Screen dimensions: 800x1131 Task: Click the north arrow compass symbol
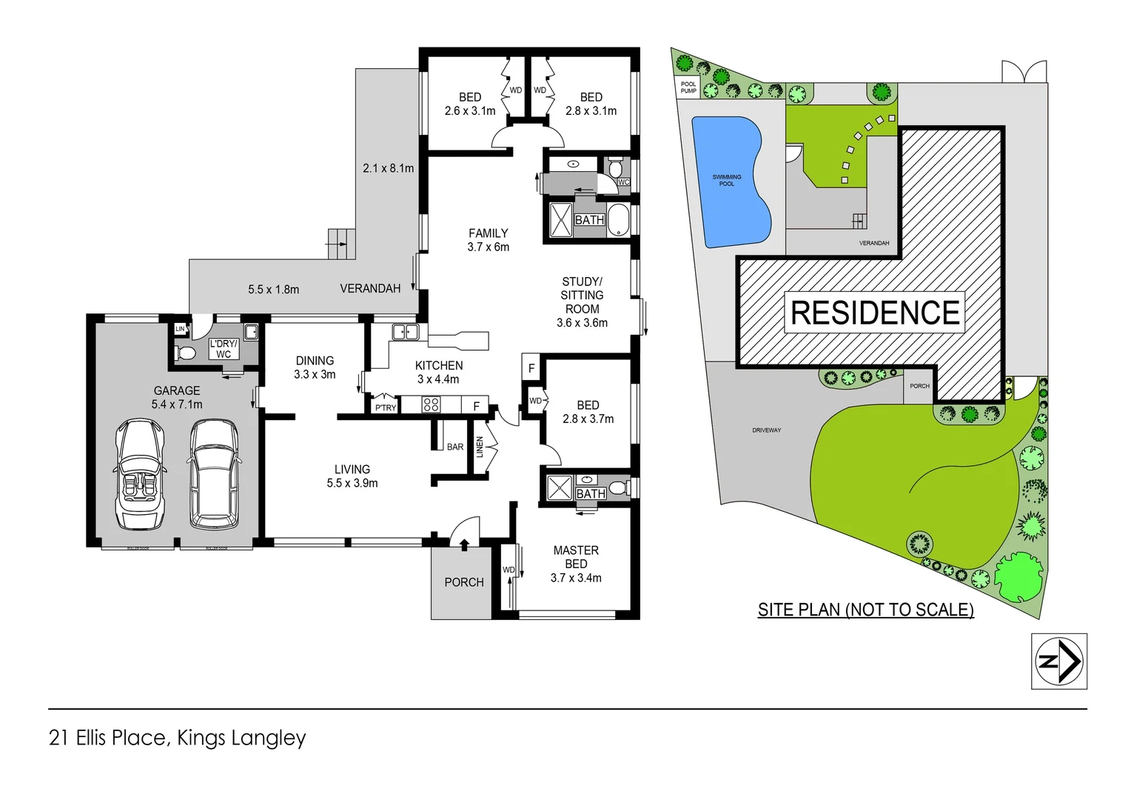pos(1059,661)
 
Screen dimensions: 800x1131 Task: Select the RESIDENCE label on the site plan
pos(875,313)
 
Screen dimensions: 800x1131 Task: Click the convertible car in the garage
pos(140,474)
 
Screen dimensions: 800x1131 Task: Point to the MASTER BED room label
pos(576,557)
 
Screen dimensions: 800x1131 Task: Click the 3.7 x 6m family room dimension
pos(488,247)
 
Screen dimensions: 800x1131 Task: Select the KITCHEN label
pos(439,365)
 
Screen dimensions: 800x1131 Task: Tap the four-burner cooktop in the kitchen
pos(431,404)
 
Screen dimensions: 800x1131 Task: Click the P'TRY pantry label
pos(386,407)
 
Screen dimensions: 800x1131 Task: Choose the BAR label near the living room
pos(455,447)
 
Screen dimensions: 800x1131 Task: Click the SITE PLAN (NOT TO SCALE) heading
pos(865,610)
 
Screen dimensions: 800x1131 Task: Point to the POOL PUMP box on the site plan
pos(688,87)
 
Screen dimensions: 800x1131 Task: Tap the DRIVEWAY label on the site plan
pos(766,430)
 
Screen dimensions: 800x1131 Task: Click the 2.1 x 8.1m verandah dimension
pos(388,168)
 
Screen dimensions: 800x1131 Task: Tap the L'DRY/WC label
pos(224,349)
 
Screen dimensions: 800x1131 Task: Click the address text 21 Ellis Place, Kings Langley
pos(177,738)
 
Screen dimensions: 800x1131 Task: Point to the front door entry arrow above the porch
pos(464,545)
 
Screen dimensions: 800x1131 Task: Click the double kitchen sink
pos(405,332)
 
